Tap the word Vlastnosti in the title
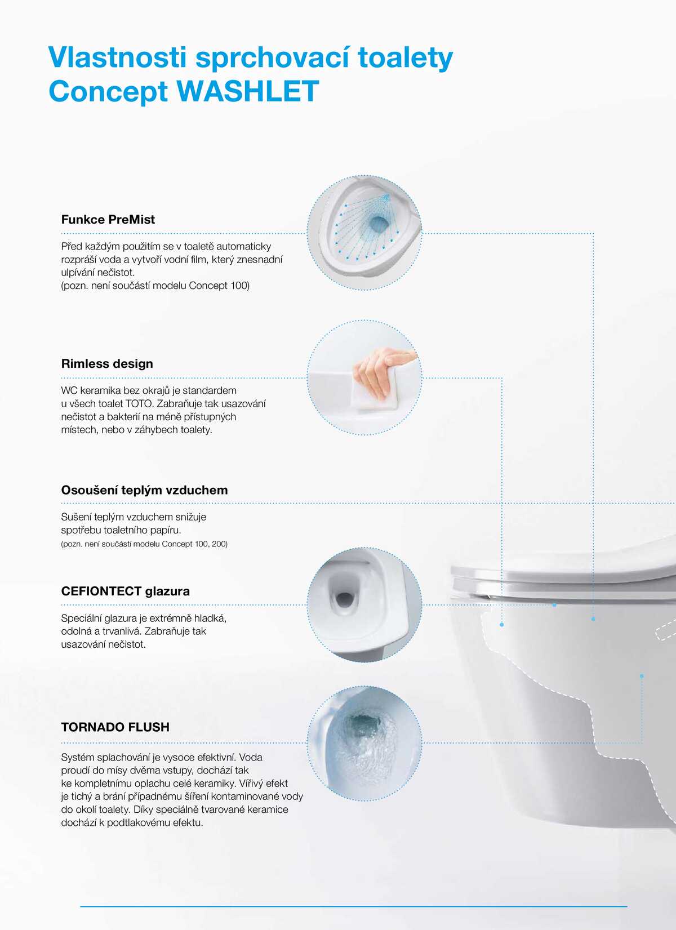(118, 57)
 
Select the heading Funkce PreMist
(108, 219)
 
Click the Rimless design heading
(107, 364)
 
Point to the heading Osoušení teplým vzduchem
(145, 490)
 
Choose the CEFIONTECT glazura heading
(126, 591)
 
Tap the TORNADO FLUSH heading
(115, 727)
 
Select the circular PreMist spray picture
(364, 233)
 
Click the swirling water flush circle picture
(364, 743)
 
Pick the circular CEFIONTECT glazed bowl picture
(364, 604)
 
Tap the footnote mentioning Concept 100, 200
(144, 544)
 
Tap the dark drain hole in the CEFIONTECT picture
(344, 598)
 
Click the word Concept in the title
(108, 92)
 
